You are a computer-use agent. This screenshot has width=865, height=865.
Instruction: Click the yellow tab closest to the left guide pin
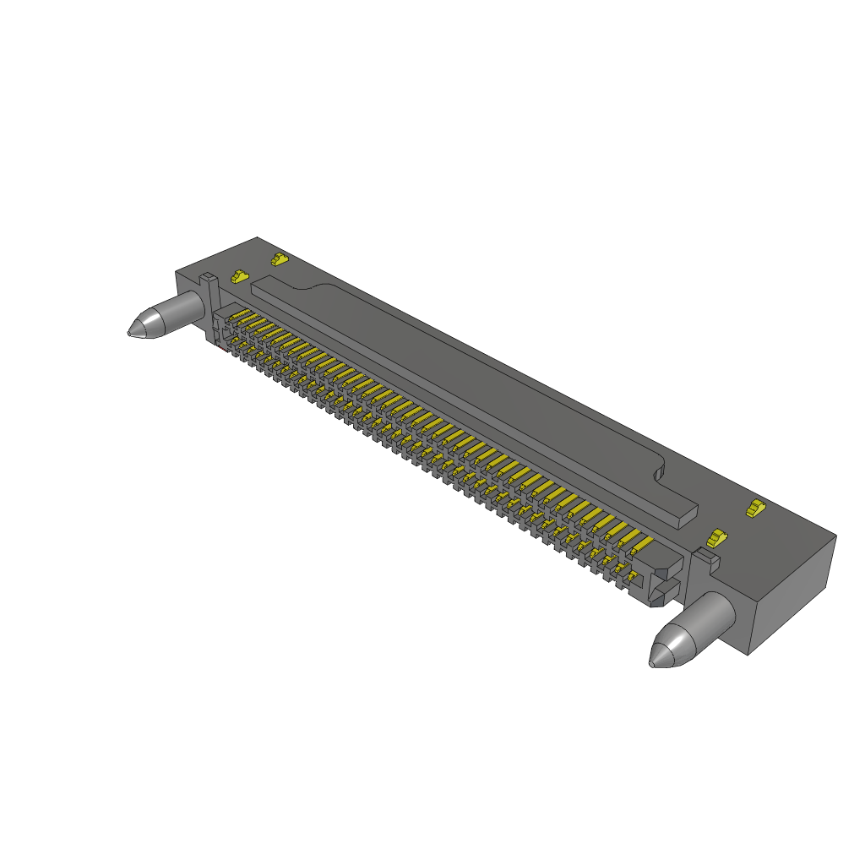240,276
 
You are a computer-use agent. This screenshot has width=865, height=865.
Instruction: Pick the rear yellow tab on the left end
279,258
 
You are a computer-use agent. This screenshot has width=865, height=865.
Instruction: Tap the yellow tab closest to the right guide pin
717,537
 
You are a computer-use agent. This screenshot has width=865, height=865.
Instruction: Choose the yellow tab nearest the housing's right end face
753,508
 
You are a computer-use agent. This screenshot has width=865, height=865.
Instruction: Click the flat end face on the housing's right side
793,595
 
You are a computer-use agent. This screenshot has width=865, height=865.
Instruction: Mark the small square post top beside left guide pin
207,278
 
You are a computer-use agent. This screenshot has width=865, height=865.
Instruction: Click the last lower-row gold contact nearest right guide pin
628,577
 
